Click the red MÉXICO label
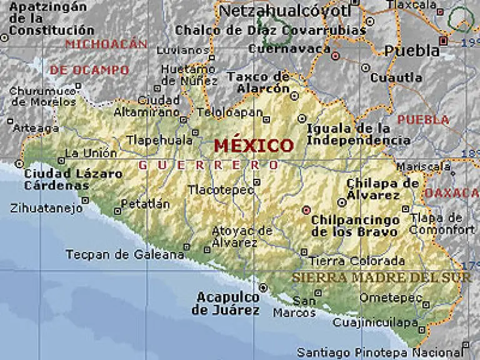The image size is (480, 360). tap(253, 146)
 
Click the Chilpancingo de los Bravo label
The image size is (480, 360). tap(355, 226)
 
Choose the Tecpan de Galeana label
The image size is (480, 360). tap(125, 254)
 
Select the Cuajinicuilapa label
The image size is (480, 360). tap(375, 322)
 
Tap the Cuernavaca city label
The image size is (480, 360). tap(289, 48)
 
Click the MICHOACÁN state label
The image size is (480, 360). tap(106, 44)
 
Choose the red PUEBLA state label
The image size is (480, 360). tap(423, 119)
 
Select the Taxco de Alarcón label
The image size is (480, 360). tap(258, 82)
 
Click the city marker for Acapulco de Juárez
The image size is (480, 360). tap(264, 287)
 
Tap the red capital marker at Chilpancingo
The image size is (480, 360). tap(306, 210)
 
